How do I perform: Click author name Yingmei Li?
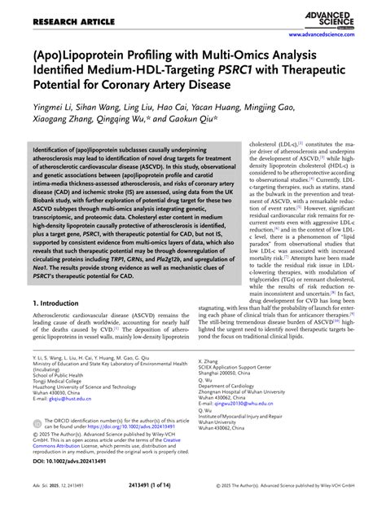point(52,123)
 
